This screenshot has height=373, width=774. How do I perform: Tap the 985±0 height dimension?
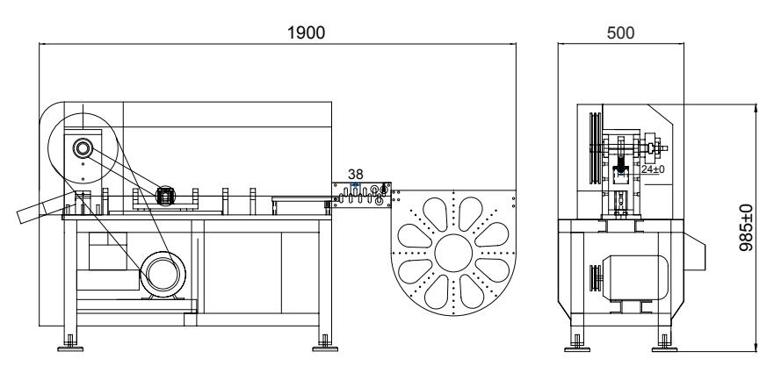tap(747, 228)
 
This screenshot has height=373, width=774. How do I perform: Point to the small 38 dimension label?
tap(356, 175)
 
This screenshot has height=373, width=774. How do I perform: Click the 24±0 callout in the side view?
tap(651, 169)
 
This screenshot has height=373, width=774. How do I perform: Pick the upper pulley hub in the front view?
tap(83, 147)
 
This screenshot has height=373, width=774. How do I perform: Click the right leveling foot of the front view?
tap(325, 344)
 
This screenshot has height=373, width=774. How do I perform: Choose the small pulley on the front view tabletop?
tap(163, 195)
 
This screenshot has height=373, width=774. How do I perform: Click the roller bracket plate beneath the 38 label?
tap(362, 194)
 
